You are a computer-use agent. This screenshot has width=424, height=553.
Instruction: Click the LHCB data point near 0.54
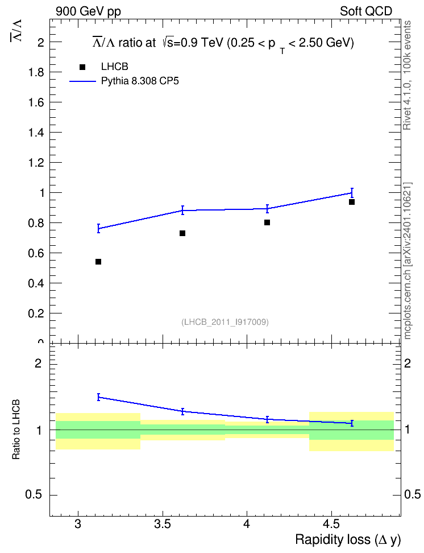pyautogui.click(x=98, y=262)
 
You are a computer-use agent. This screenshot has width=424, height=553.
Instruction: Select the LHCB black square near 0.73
pyautogui.click(x=182, y=233)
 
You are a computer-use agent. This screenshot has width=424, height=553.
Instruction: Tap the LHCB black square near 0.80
pyautogui.click(x=267, y=222)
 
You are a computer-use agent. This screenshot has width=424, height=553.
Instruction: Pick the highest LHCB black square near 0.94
pyautogui.click(x=352, y=202)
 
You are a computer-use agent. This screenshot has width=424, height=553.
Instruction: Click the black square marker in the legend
pyautogui.click(x=82, y=67)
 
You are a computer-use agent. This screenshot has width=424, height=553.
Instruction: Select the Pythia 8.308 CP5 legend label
pyautogui.click(x=140, y=81)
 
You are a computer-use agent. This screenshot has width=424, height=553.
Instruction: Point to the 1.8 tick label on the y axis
pyautogui.click(x=36, y=73)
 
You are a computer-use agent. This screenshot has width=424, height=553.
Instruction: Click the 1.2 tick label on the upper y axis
pyautogui.click(x=36, y=163)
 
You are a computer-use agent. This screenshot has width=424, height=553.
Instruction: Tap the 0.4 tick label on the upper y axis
pyautogui.click(x=36, y=283)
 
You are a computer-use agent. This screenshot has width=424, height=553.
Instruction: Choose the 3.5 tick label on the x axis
pyautogui.click(x=163, y=524)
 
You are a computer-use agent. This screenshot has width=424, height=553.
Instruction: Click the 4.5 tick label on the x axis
pyautogui.click(x=331, y=524)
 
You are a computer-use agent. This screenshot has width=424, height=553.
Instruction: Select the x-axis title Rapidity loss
pyautogui.click(x=332, y=539)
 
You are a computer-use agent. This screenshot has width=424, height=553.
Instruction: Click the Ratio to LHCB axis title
pyautogui.click(x=16, y=430)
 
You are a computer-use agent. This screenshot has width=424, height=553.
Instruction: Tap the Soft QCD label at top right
pyautogui.click(x=366, y=11)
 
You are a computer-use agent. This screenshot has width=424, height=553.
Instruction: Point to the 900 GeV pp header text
pyautogui.click(x=88, y=11)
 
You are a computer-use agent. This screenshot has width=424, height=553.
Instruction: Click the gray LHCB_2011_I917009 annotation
pyautogui.click(x=225, y=322)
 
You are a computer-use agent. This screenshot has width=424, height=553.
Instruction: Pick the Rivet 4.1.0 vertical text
pyautogui.click(x=407, y=75)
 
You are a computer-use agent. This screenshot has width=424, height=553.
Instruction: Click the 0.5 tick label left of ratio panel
pyautogui.click(x=34, y=495)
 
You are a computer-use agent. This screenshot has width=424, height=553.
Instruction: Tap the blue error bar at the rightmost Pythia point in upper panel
pyautogui.click(x=352, y=192)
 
